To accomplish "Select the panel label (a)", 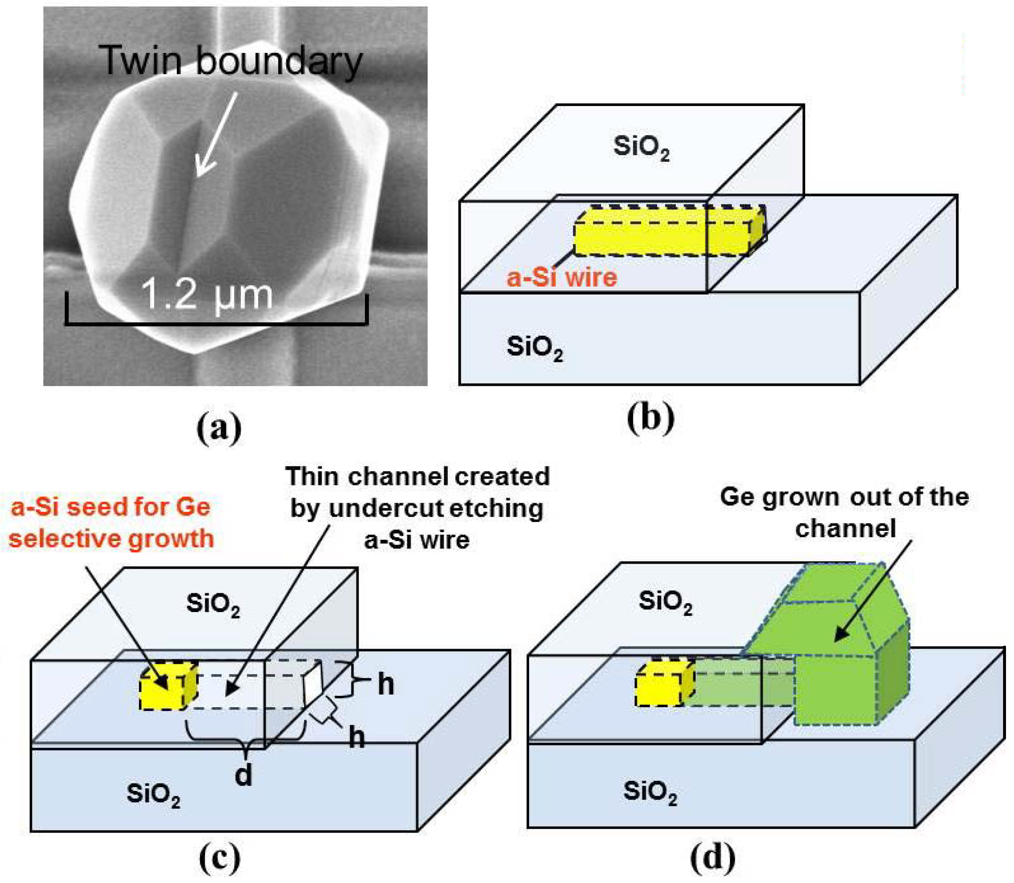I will pos(219,428).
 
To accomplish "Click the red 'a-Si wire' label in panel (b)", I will pos(562,277).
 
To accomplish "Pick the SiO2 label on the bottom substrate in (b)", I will pos(535,348).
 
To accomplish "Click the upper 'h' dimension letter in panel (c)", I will pos(386,685).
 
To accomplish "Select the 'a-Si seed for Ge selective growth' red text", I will pos(111,523).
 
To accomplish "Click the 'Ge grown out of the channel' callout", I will pos(844,512).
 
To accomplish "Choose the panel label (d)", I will pos(713,858).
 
